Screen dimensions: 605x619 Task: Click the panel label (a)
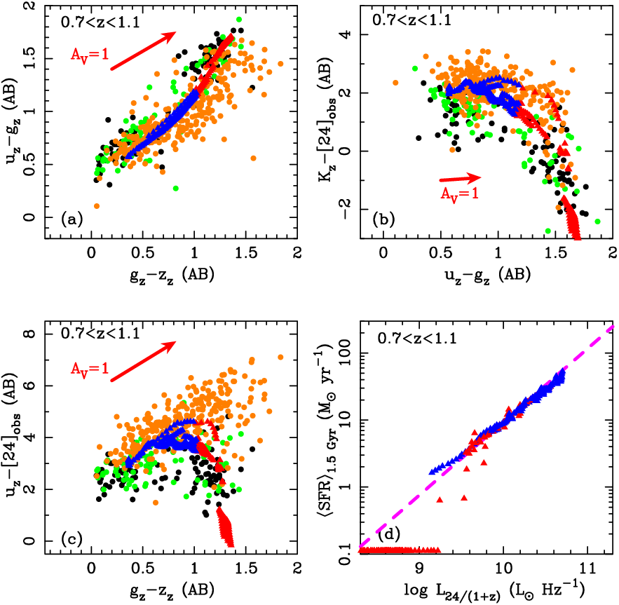(72, 219)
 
